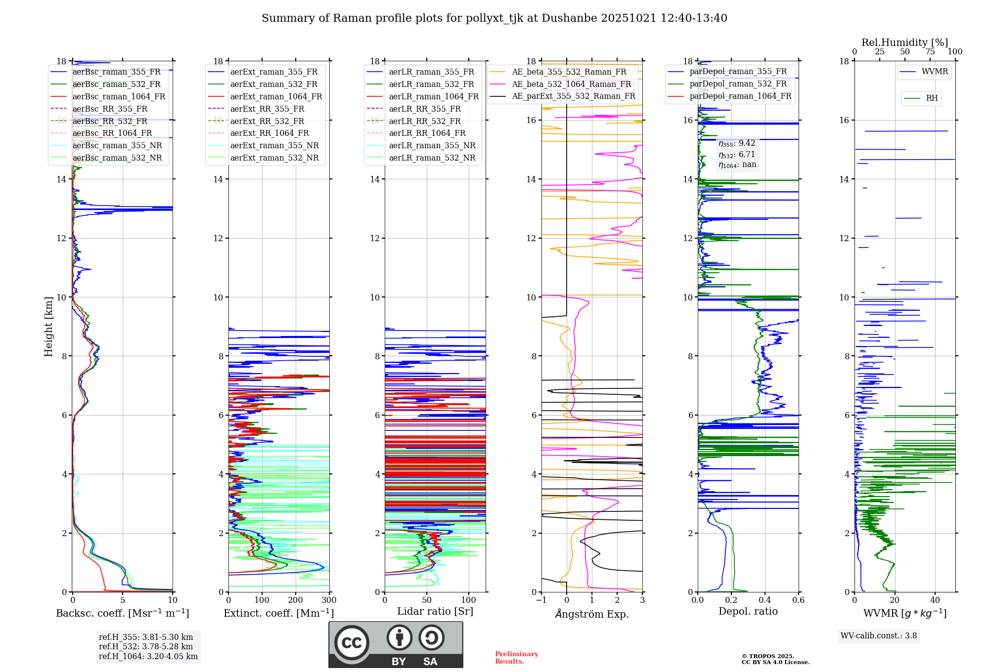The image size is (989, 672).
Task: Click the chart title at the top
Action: [494, 18]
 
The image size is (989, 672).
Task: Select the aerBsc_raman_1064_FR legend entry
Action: [119, 96]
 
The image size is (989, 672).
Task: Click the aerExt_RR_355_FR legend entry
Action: [267, 109]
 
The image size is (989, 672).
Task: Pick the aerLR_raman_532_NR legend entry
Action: [432, 158]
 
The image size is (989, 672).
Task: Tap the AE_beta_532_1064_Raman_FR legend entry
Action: [571, 84]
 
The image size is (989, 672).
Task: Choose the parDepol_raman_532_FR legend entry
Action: [738, 84]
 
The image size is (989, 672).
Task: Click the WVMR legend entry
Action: [934, 72]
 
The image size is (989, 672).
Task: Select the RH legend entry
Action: [932, 98]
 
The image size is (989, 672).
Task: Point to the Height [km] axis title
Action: [48, 327]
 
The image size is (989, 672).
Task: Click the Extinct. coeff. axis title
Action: [278, 613]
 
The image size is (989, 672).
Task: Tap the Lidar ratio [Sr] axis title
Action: [435, 611]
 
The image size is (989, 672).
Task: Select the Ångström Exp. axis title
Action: [591, 614]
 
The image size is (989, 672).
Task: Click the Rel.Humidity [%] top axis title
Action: [904, 42]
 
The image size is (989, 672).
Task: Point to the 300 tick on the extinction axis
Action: [329, 600]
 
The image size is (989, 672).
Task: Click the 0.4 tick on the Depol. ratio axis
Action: [764, 600]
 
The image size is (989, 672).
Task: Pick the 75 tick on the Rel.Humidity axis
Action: [930, 52]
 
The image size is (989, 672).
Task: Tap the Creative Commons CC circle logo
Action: [352, 642]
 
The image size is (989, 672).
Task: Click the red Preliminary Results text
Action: [516, 657]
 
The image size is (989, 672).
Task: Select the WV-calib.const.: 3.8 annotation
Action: [878, 636]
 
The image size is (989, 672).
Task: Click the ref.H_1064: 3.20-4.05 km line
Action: [148, 656]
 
